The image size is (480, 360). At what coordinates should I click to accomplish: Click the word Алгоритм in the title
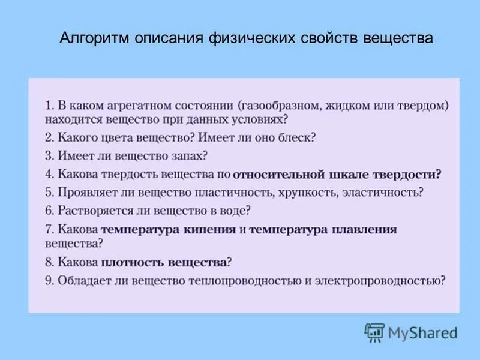[x=96, y=38]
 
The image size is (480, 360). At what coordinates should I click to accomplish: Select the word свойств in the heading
[x=328, y=38]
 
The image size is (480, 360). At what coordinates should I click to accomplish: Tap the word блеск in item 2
[x=296, y=137]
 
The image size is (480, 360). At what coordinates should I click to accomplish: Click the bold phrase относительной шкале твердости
[x=337, y=175]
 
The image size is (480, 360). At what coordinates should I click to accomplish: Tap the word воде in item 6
[x=233, y=211]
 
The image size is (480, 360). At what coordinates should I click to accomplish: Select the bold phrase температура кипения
[x=169, y=230]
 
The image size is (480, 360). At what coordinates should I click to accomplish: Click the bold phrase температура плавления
[x=323, y=230]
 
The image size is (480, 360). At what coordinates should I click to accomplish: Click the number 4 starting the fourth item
[x=49, y=175]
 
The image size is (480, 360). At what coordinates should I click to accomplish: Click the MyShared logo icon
[x=374, y=332]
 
